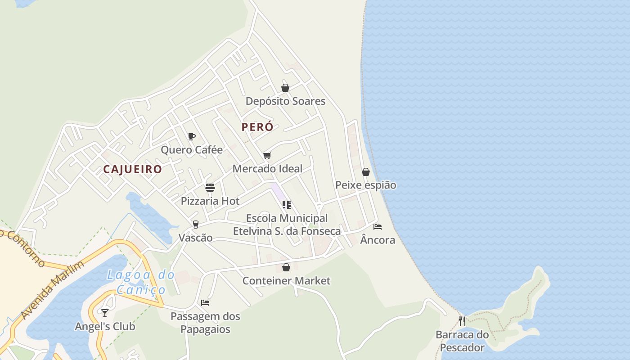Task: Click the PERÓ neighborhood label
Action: (x=257, y=127)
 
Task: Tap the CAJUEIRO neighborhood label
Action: (x=132, y=169)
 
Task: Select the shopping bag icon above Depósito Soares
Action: (x=285, y=88)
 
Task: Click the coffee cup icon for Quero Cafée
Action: (x=192, y=136)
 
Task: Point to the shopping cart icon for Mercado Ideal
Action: (x=267, y=156)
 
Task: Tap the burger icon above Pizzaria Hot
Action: (x=210, y=187)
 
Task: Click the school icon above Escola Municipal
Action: (x=287, y=205)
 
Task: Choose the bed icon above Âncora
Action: (x=378, y=227)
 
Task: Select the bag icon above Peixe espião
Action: (x=366, y=172)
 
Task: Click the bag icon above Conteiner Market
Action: (x=286, y=268)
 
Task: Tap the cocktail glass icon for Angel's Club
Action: (x=105, y=313)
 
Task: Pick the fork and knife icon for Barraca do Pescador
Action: (x=462, y=321)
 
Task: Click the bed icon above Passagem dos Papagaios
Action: (x=205, y=303)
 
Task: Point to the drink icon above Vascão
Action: (x=195, y=224)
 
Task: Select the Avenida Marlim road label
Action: (x=53, y=290)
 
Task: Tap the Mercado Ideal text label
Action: (x=267, y=169)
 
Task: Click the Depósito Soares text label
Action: (x=285, y=101)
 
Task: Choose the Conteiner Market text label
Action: (x=286, y=281)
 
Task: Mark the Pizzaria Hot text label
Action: (x=210, y=201)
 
